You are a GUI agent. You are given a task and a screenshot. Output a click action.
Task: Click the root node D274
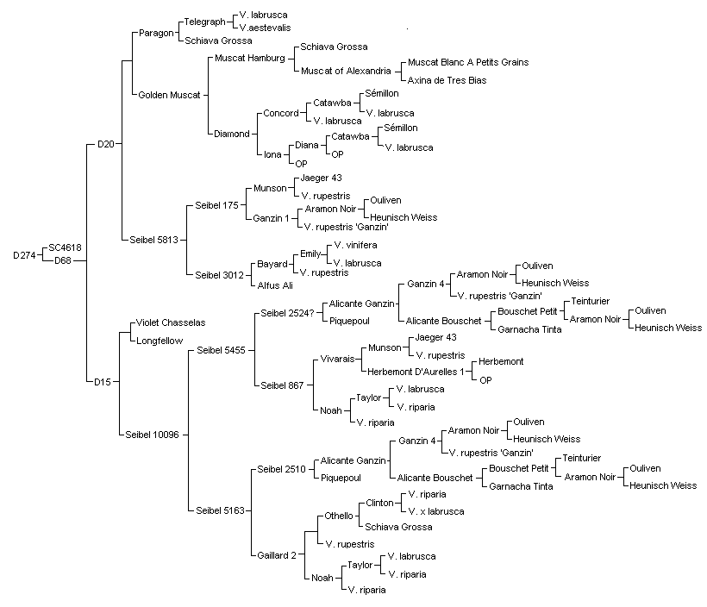(24, 255)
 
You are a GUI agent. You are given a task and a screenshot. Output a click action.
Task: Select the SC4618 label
(65, 247)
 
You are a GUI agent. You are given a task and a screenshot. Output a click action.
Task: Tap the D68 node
(63, 260)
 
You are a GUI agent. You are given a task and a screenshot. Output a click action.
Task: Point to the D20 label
(106, 144)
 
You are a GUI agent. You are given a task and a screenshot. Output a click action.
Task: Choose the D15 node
(103, 382)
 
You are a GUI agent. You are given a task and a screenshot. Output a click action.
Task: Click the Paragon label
(156, 33)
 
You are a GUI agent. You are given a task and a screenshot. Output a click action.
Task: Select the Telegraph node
(204, 22)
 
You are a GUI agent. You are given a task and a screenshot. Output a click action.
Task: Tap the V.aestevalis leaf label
(266, 28)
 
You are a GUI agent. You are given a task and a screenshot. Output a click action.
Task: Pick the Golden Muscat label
(169, 95)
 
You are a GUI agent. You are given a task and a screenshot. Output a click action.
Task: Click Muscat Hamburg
(250, 58)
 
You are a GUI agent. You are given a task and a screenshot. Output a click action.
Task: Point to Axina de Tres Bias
(447, 81)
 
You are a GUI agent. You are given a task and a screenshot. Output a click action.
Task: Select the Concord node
(281, 113)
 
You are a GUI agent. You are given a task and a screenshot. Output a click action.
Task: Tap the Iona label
(272, 154)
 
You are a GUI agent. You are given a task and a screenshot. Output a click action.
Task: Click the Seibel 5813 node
(153, 240)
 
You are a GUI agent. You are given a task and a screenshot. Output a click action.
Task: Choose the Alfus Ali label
(275, 285)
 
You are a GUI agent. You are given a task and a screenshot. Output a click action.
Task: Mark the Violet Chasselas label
(171, 322)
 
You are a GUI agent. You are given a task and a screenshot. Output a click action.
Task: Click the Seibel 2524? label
(287, 314)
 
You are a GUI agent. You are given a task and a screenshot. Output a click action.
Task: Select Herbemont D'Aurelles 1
(416, 372)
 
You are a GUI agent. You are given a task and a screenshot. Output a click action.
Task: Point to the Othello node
(339, 516)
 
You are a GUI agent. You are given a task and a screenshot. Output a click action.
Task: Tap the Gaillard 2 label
(277, 555)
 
